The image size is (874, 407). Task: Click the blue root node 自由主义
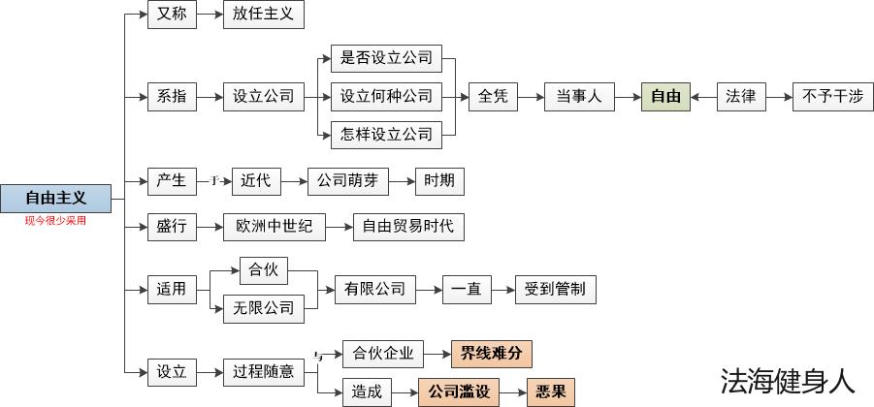[55, 198]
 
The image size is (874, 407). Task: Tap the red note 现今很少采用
[55, 221]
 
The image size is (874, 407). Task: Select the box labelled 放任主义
[263, 15]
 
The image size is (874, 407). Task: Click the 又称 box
[171, 15]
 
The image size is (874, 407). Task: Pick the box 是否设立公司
[386, 58]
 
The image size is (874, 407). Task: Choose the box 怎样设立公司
[386, 134]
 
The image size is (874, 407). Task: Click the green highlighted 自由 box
[665, 96]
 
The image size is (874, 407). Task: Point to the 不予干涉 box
[833, 96]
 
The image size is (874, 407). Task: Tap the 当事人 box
[579, 96]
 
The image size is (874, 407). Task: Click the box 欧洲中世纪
[275, 227]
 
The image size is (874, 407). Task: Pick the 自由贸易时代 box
[407, 227]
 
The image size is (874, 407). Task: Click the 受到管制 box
[556, 289]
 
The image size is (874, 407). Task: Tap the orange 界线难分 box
[492, 353]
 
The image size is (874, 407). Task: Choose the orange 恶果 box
[551, 391]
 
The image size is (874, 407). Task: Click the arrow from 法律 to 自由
[703, 96]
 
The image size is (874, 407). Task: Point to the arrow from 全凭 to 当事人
[531, 96]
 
